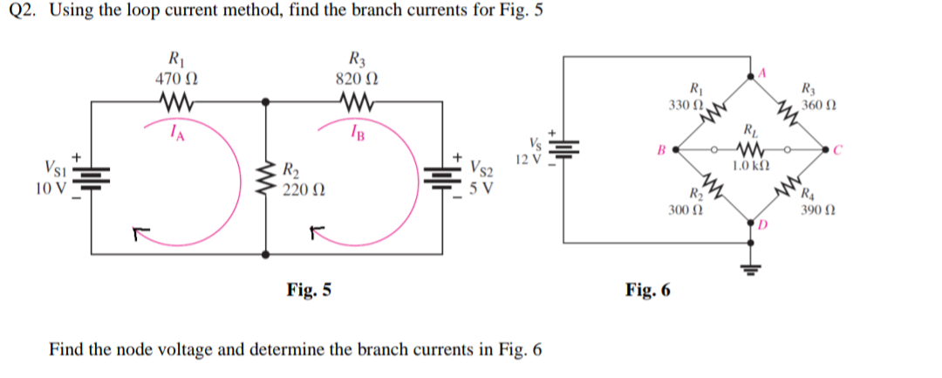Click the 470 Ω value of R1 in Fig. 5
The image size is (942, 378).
pos(174,78)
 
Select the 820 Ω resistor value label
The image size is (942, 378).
pos(356,78)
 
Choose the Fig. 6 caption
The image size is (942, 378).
pos(648,290)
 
